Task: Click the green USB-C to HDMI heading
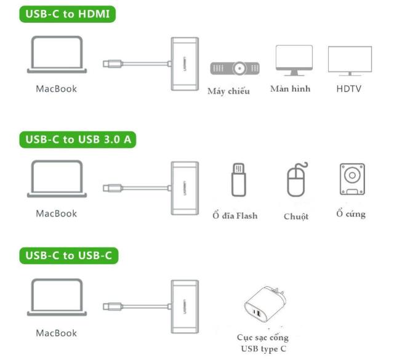[x=69, y=14]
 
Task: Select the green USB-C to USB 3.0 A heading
[x=78, y=140]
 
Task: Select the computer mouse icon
[x=296, y=181]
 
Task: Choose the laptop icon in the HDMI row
[x=56, y=54]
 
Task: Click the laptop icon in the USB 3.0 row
[x=56, y=179]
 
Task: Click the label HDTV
[x=349, y=89]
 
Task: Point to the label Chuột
[x=296, y=217]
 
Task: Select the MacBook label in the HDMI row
[x=56, y=89]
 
